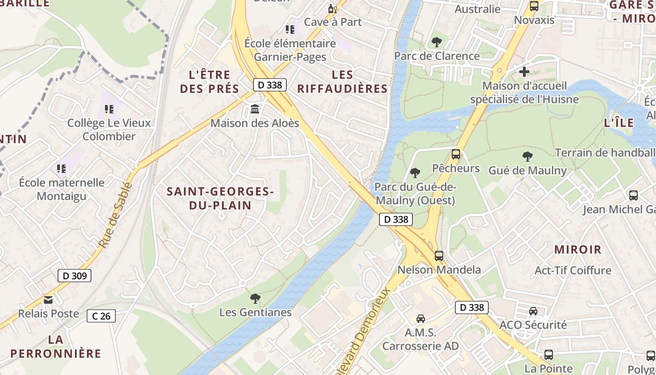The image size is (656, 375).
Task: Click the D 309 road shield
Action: click(75, 276)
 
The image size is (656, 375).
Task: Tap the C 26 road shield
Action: click(101, 316)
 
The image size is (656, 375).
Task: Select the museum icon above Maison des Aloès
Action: click(255, 109)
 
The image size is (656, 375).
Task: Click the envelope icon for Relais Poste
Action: click(48, 300)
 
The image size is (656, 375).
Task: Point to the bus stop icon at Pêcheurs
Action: click(455, 154)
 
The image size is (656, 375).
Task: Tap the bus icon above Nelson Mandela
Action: click(439, 256)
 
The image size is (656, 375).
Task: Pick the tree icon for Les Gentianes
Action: click(255, 298)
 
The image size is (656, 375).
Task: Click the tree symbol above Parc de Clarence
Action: click(437, 42)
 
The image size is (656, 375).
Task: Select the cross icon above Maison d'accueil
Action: click(524, 72)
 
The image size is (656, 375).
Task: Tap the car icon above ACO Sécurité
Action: click(533, 311)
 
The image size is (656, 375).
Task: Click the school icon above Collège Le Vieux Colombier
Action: click(109, 109)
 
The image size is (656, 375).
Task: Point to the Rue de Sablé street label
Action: click(115, 215)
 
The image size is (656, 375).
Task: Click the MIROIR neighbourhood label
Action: click(578, 249)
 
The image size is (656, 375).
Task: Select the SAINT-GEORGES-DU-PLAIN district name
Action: click(220, 198)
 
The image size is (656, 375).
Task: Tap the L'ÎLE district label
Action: click(619, 123)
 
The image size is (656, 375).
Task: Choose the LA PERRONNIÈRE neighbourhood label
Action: click(56, 346)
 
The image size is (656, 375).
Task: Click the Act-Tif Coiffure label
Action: click(573, 270)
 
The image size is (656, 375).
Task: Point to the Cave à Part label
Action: click(333, 22)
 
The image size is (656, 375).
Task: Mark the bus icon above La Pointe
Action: click(548, 355)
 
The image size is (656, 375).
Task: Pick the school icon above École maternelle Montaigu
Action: click(61, 168)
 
